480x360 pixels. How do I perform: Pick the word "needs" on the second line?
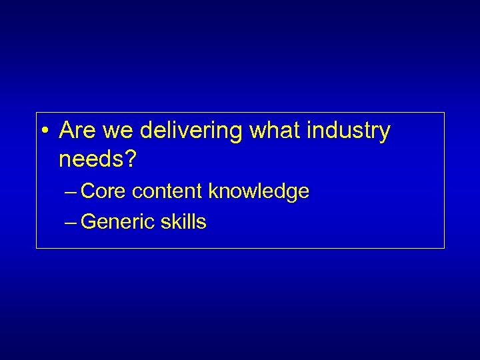(x=89, y=160)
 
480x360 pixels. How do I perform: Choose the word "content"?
(x=168, y=192)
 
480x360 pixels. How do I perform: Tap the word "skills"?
(x=183, y=222)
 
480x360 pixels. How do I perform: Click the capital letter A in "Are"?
(x=67, y=131)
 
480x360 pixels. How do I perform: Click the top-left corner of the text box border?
(x=36, y=113)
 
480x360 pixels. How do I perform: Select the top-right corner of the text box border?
(x=444, y=113)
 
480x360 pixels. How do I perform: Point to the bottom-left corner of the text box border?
(x=36, y=249)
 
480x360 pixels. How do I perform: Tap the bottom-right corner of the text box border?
(x=444, y=249)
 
